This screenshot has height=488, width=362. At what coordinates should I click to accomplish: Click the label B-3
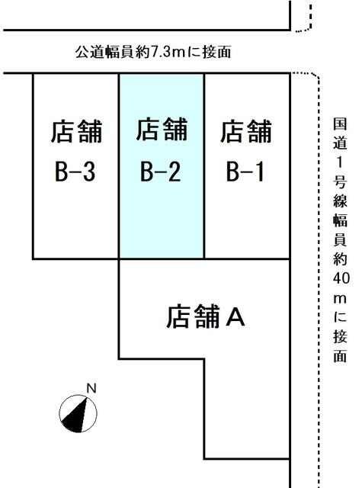tap(75, 172)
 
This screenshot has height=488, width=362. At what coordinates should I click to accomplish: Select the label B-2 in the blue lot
tap(160, 172)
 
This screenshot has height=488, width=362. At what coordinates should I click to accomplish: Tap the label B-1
tap(245, 172)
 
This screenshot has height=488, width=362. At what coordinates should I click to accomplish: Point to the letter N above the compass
tap(91, 388)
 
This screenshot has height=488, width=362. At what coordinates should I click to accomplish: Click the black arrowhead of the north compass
tap(75, 416)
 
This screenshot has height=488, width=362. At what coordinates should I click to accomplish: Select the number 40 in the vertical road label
tap(341, 278)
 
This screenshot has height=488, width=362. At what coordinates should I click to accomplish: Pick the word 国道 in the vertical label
tap(340, 133)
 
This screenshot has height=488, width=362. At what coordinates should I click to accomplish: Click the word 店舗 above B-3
tap(76, 131)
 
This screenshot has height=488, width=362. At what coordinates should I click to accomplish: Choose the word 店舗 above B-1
tap(246, 131)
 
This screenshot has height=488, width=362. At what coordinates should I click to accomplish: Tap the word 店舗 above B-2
tap(162, 129)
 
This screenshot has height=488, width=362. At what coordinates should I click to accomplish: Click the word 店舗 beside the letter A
tap(193, 316)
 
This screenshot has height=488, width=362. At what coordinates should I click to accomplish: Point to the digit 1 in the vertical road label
tap(340, 162)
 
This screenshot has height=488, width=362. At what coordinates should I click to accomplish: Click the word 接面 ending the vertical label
tap(340, 346)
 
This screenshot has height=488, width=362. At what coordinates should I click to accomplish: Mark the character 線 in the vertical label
tap(340, 201)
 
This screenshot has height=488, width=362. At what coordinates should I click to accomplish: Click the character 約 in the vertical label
tap(340, 259)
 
